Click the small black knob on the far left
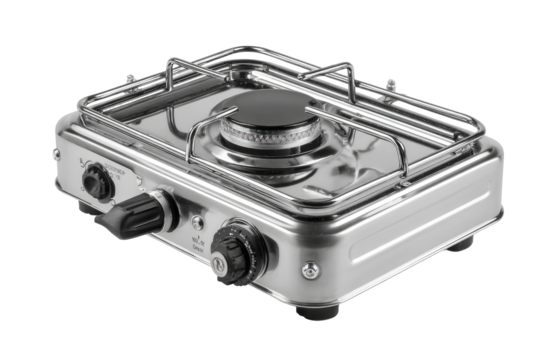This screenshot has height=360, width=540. click(x=96, y=181)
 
